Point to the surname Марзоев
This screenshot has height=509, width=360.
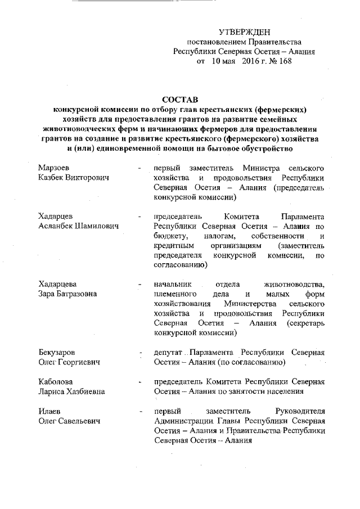[55, 168]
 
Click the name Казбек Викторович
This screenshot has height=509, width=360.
[73, 178]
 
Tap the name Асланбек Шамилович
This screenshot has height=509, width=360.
[79, 226]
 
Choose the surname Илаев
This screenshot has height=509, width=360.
[51, 411]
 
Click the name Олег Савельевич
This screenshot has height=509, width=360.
[69, 421]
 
